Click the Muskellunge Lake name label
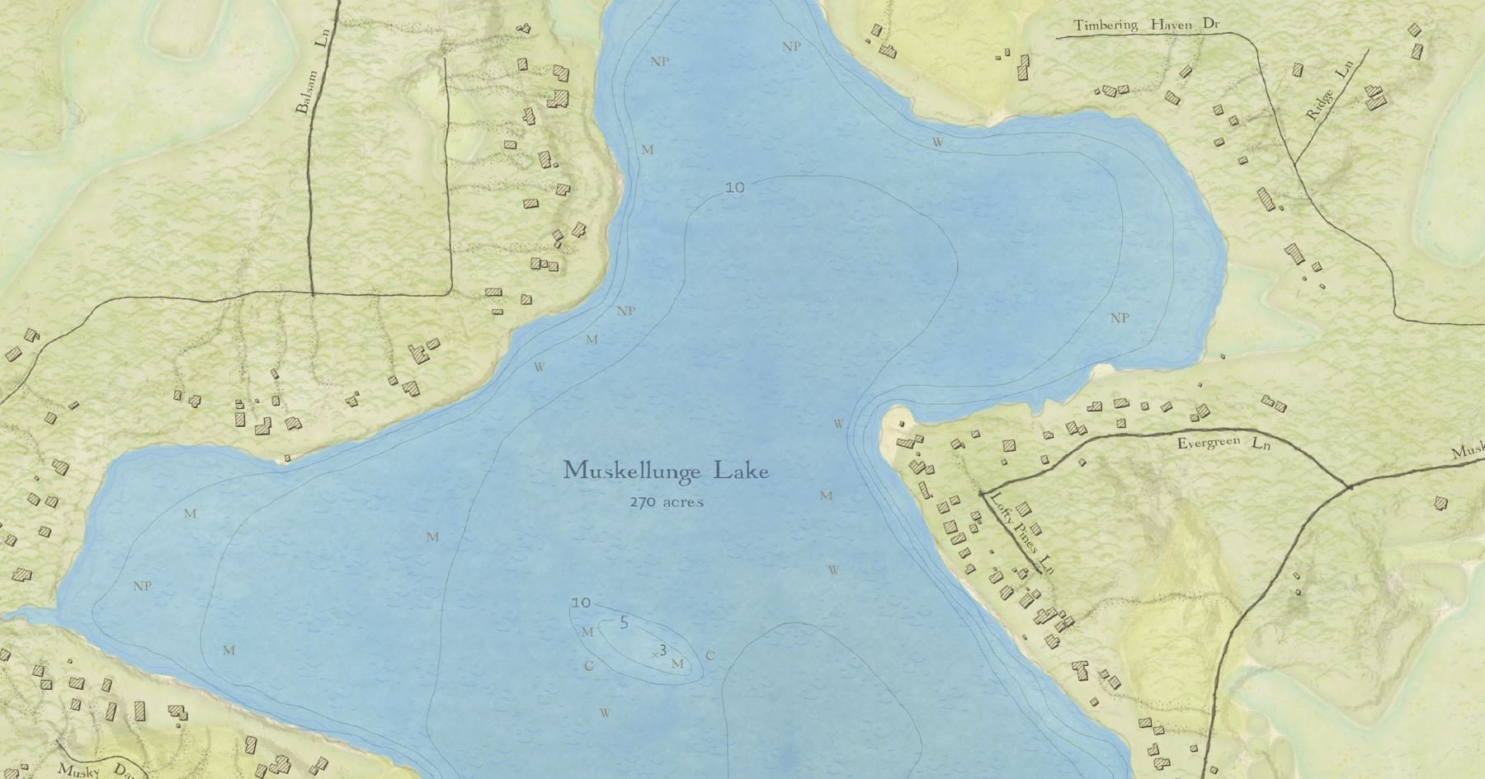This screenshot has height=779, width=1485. [x=666, y=472]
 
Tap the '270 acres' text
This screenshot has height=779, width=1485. [x=667, y=502]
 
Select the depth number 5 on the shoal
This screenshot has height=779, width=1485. [x=624, y=622]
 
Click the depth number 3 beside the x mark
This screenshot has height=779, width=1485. [x=662, y=650]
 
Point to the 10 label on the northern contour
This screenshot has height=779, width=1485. [x=734, y=188]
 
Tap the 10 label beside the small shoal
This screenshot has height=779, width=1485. [x=581, y=603]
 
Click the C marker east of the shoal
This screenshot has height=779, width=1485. [x=709, y=657]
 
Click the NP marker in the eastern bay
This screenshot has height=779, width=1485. [x=1120, y=318]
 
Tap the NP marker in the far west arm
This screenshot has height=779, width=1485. [x=142, y=587]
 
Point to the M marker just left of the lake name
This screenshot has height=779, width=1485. [x=432, y=537]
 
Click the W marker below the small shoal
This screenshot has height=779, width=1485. [x=605, y=714]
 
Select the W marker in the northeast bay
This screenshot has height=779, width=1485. [x=937, y=142]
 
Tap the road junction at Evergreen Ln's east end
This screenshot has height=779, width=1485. [x=1348, y=486]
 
